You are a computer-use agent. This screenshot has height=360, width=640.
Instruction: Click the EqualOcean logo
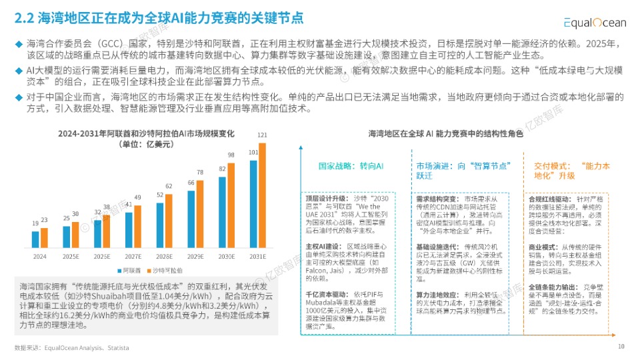pos(594,23)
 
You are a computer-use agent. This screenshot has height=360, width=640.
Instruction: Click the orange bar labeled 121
pos(262,195)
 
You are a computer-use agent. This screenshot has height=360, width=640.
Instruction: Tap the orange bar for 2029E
pos(200,213)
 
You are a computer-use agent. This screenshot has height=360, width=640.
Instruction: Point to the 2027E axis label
pos(133,256)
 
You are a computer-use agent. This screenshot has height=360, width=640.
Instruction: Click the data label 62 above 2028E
pos(169,186)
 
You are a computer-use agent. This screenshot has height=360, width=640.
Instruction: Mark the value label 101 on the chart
pos(253,152)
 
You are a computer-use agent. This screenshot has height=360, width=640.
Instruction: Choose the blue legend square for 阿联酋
pos(117,270)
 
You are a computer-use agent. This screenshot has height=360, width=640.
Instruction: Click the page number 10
pos(621,346)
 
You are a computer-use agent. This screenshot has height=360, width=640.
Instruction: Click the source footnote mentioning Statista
pos(72,348)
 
